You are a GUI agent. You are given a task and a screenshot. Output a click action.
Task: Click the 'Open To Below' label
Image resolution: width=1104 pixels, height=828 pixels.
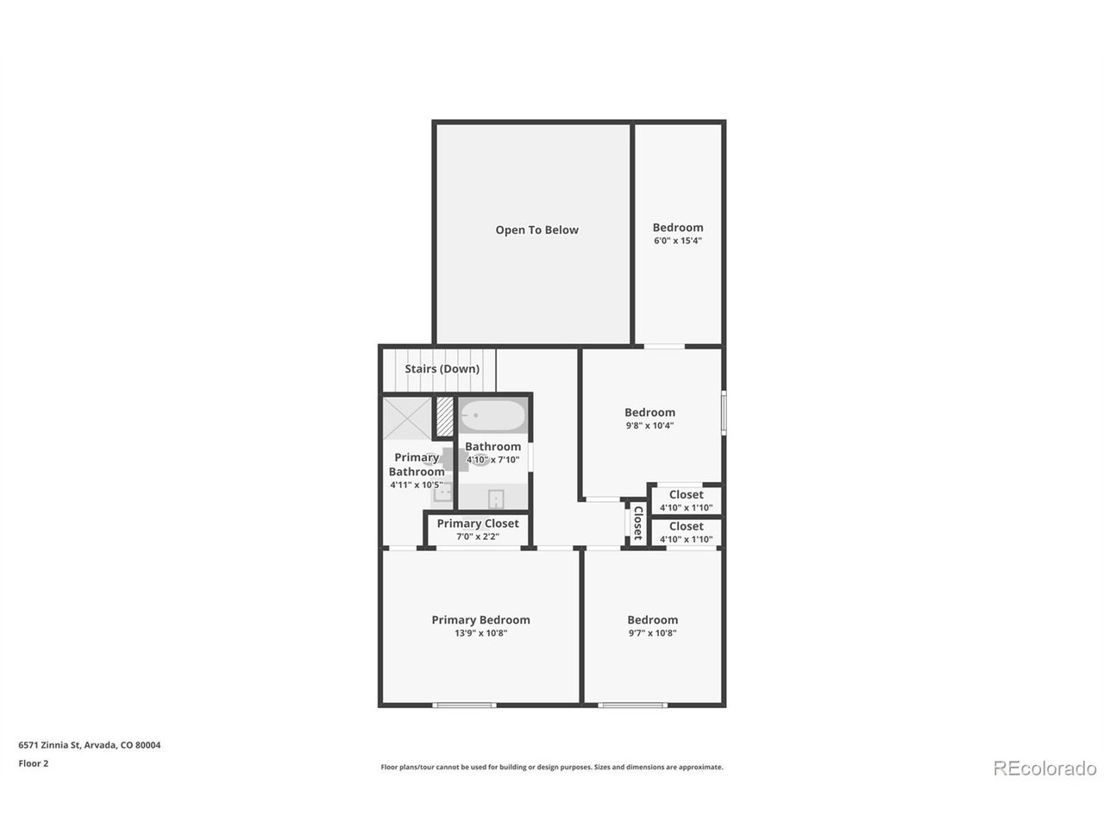(536, 229)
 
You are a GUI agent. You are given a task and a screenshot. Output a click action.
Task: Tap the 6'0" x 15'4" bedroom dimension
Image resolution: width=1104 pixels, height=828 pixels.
(677, 241)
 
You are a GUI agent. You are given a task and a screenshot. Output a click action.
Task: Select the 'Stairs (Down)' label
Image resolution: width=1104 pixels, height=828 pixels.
(442, 369)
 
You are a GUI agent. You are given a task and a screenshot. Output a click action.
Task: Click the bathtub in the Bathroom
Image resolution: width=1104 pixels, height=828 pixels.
(492, 415)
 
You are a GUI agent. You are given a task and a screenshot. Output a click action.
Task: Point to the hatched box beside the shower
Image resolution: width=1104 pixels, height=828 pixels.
(444, 417)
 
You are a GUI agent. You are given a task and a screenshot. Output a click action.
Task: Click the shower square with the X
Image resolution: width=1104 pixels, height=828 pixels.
(407, 418)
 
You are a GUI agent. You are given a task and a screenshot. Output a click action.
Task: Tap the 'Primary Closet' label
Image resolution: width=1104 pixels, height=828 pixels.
(477, 524)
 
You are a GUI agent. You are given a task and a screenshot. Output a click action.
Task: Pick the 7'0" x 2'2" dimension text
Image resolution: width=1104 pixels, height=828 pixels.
(477, 536)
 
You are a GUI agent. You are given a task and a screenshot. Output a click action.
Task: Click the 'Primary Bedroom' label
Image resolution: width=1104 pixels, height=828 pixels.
(480, 620)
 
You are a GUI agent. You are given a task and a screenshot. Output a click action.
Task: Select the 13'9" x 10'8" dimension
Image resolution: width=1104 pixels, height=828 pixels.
(480, 633)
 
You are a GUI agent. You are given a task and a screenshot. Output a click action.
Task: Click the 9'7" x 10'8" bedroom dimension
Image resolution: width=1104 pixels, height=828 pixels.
(652, 633)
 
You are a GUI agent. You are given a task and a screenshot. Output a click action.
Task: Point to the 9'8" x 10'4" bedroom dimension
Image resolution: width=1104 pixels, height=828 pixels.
(649, 425)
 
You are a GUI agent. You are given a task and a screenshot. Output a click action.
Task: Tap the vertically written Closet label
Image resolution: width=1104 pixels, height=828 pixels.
(637, 523)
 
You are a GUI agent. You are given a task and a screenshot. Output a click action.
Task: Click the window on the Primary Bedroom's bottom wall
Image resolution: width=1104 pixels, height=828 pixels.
(464, 706)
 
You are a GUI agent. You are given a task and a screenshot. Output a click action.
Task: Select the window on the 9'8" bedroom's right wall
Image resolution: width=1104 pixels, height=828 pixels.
(724, 412)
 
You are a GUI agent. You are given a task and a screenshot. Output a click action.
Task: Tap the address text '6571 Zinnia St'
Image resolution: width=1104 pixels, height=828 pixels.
(49, 745)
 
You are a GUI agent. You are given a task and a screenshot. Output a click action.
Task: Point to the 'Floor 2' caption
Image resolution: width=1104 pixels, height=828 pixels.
(33, 763)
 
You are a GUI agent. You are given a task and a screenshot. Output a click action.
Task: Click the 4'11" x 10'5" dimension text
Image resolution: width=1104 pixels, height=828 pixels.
(417, 485)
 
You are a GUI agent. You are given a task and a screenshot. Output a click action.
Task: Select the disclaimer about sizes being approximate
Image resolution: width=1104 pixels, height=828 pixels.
(552, 767)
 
